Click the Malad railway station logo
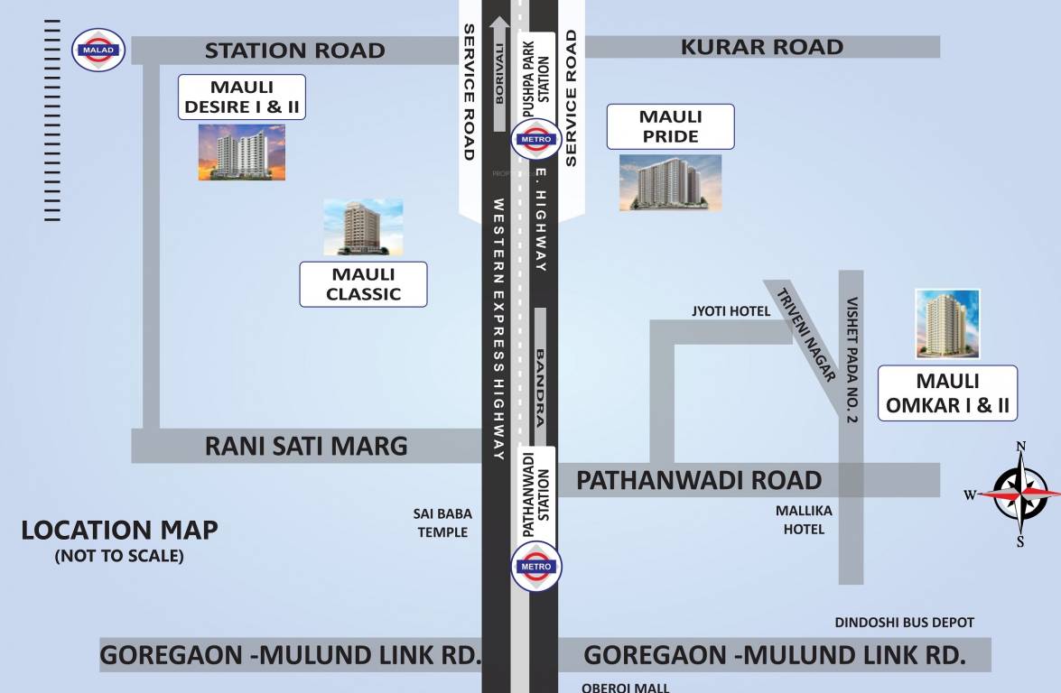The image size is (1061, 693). (99, 49)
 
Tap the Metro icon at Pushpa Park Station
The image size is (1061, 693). (536, 139)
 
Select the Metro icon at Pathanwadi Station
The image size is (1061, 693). (536, 567)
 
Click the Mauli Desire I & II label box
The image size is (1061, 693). (241, 97)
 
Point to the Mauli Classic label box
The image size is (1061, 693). (363, 284)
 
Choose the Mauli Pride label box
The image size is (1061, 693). (670, 126)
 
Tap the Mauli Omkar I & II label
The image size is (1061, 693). (947, 393)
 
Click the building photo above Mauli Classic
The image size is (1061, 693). (363, 227)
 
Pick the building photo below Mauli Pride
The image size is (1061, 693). (670, 182)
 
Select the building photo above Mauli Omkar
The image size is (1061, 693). (947, 324)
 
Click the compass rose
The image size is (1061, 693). (1020, 494)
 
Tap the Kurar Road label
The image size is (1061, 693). (762, 47)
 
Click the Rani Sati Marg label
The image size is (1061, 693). (306, 446)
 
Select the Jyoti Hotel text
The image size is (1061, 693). (731, 311)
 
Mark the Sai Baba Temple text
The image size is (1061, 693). (442, 522)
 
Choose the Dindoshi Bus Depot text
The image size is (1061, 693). (904, 623)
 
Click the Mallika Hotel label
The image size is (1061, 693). (804, 520)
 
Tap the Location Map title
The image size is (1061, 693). (119, 531)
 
